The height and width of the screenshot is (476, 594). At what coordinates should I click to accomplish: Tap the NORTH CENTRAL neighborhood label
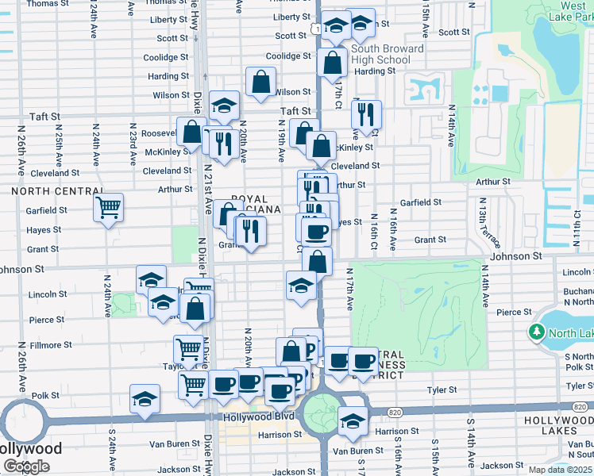tap(57, 191)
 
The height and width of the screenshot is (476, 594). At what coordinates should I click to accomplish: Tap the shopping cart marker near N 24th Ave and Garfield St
tap(108, 208)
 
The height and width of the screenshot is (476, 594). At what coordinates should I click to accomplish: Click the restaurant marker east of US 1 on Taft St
tap(366, 115)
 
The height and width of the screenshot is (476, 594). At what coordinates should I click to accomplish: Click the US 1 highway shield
tap(317, 29)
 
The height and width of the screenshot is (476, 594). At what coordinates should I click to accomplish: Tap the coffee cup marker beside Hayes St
tap(316, 232)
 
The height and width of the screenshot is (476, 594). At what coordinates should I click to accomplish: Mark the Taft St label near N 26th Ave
tap(44, 117)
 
